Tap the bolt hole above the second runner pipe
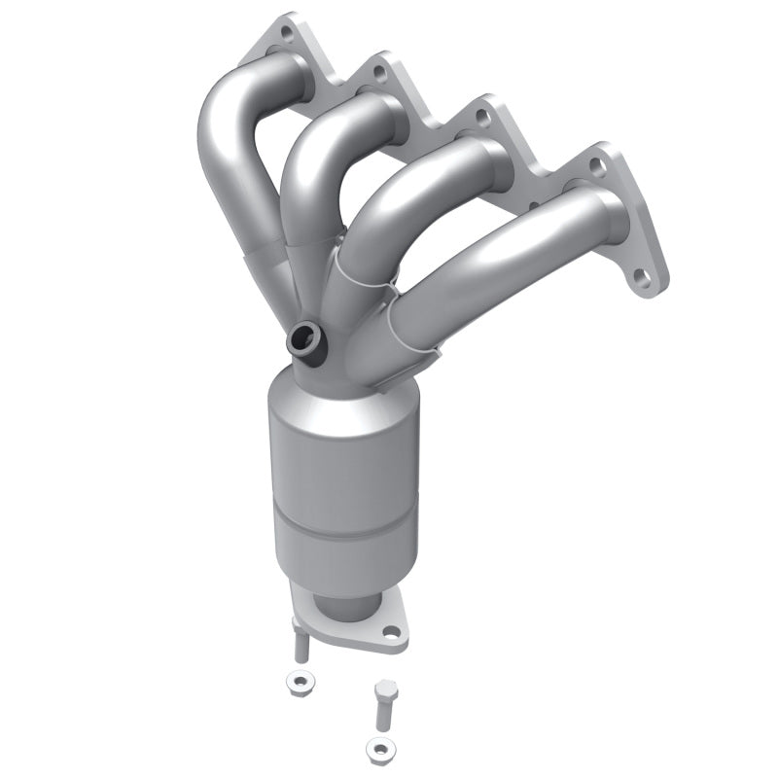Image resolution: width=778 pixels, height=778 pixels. click(380, 71)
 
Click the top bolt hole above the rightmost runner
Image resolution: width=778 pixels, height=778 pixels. click(597, 166)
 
